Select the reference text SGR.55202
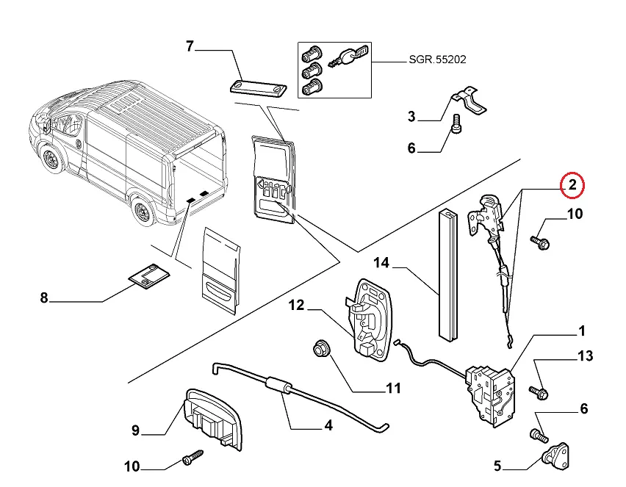437,59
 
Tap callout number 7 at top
190,47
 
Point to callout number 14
381,262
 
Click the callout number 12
295,305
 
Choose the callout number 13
585,356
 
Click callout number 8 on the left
43,297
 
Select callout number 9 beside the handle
135,431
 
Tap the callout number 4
328,425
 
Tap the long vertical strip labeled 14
447,276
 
